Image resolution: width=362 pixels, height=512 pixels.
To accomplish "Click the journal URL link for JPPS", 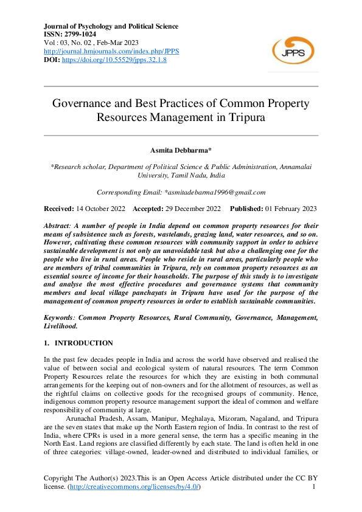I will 111,52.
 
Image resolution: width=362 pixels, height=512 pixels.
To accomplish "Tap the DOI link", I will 114,60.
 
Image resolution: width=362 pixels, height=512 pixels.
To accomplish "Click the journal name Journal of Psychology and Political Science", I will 111,26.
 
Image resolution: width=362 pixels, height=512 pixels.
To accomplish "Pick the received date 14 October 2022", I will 100,209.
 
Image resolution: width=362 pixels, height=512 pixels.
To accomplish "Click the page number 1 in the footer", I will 313,488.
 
